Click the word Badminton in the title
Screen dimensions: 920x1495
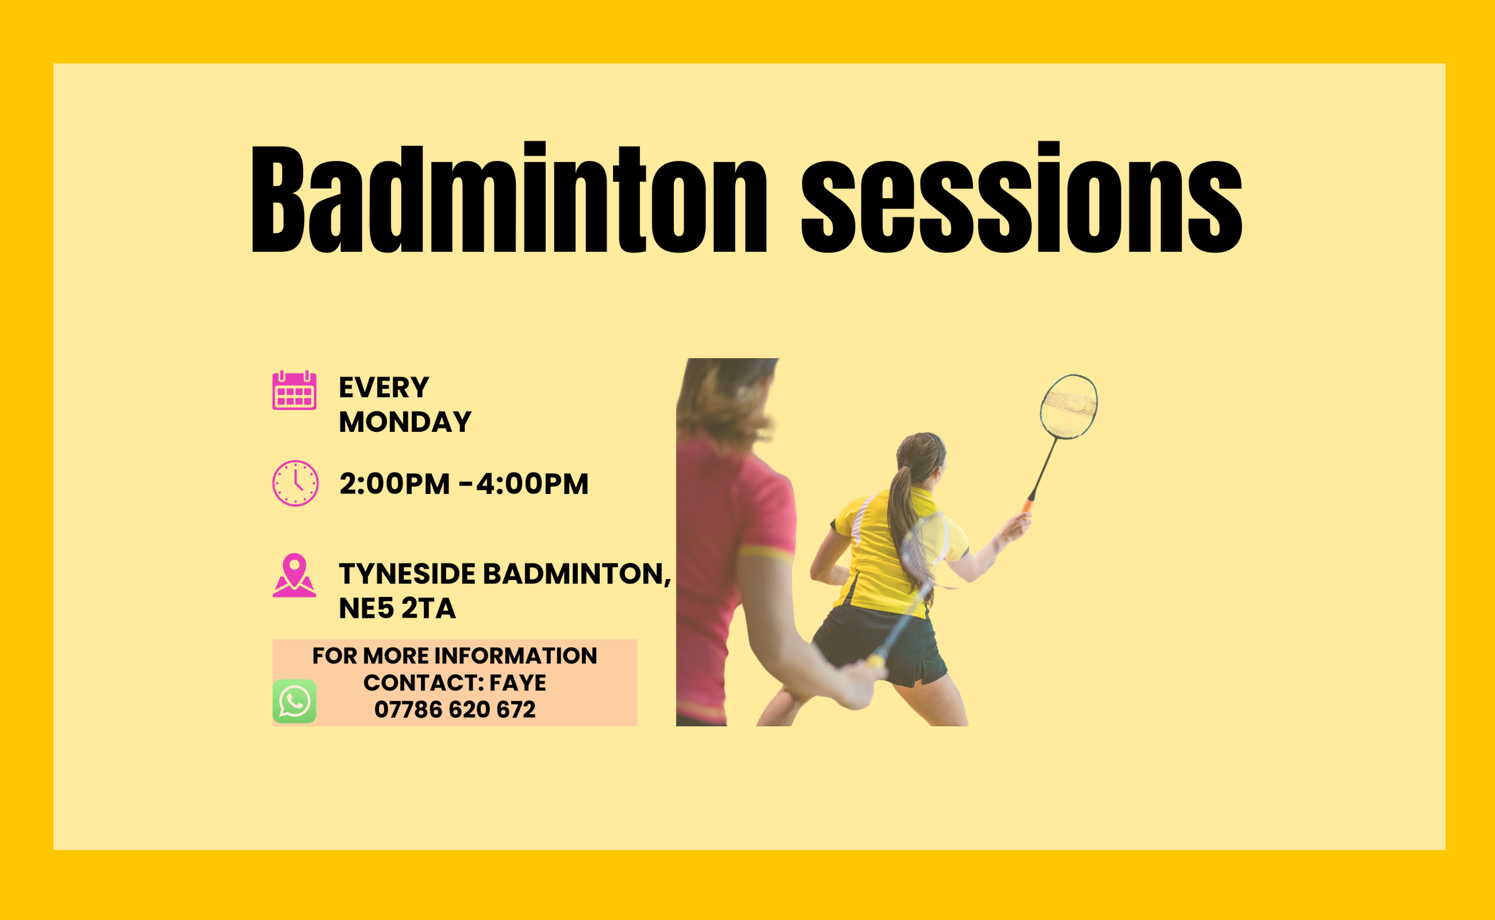[x=508, y=199]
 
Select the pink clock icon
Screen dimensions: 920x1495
[x=295, y=483]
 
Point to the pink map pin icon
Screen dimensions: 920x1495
[x=294, y=575]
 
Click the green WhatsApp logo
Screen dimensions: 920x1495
[x=294, y=701]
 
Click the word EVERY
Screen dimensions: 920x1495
[x=384, y=388]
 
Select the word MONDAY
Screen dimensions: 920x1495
[x=405, y=422]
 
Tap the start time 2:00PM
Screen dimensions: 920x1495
[x=394, y=484]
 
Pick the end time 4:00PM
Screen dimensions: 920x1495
[x=532, y=484]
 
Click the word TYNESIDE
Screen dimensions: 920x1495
[x=407, y=573]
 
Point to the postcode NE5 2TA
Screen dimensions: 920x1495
[x=397, y=608]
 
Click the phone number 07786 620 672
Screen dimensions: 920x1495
[x=455, y=709]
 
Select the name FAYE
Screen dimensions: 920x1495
[x=518, y=683]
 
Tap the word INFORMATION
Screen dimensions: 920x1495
[x=517, y=656]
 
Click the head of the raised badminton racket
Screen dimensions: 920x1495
[x=1069, y=405]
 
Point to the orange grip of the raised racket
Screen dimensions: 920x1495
[x=1028, y=504]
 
